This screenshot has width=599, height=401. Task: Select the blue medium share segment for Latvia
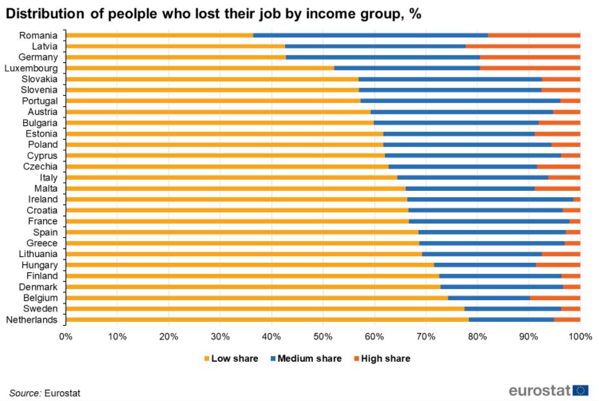click(375, 46)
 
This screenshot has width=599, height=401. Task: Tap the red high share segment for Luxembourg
click(530, 68)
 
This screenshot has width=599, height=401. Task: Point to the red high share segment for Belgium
click(555, 298)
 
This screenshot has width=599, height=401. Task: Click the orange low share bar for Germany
click(176, 57)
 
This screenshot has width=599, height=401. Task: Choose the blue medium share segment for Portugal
click(460, 101)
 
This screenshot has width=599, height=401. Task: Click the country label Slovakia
click(41, 79)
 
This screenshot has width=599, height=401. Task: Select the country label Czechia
click(42, 166)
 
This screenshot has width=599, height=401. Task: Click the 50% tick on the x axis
click(322, 335)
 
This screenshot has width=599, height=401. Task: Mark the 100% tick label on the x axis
click(580, 335)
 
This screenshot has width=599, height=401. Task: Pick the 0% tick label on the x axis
click(65, 335)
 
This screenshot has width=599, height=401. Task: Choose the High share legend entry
click(385, 359)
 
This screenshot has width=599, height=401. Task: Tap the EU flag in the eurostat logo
click(580, 390)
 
